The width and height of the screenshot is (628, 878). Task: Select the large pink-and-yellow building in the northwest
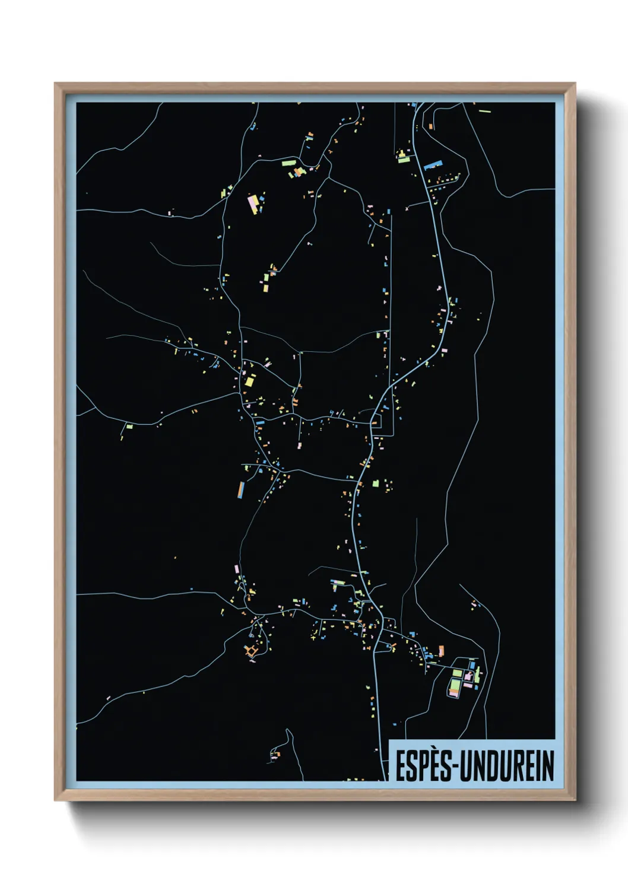[x=253, y=202]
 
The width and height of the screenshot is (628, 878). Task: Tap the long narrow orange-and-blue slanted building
[x=241, y=489]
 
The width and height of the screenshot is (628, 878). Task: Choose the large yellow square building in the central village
[x=249, y=381]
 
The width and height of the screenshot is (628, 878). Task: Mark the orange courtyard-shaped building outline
[x=252, y=651]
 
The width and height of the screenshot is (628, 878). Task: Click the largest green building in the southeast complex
[x=455, y=686]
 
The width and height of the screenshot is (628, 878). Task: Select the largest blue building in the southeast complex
[x=474, y=666]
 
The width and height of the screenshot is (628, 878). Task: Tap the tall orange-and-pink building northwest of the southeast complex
[x=441, y=651]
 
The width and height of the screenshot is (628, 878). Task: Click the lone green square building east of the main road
[x=375, y=483]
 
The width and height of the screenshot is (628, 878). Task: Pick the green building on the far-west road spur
[x=129, y=425]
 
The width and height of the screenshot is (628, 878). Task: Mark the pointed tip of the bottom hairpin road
[x=288, y=730]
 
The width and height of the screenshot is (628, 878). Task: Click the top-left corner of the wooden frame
[x=55, y=84]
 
